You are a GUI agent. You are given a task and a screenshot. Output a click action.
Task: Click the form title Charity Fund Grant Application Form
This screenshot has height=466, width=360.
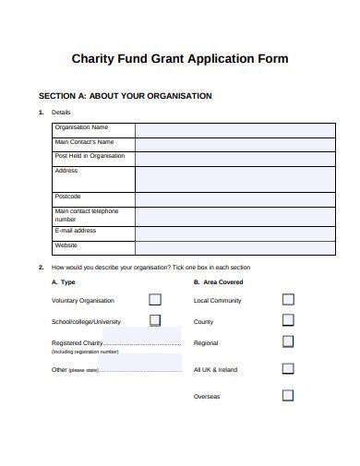click(180, 58)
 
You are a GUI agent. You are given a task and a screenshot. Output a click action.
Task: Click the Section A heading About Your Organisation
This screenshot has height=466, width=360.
click(125, 95)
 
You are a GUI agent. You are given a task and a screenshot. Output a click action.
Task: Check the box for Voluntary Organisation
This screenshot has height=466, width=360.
click(155, 300)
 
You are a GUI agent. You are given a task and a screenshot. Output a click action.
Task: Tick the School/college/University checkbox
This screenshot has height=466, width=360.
click(155, 321)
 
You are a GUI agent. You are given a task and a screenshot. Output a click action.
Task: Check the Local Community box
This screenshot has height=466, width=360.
click(288, 300)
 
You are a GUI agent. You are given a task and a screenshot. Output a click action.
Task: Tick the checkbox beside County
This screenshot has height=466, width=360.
click(288, 321)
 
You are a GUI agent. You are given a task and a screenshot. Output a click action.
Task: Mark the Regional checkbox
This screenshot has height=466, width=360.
click(288, 342)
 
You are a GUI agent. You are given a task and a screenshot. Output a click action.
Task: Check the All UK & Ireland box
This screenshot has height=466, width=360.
click(288, 369)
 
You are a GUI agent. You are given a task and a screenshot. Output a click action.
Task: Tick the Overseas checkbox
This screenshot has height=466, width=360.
click(288, 395)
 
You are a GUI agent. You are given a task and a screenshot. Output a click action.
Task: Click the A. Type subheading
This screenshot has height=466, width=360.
click(64, 281)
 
